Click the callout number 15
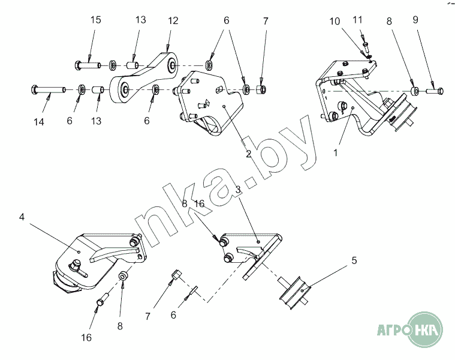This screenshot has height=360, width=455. (95, 20)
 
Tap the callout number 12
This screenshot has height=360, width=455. (173, 20)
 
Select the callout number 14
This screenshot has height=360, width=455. (39, 122)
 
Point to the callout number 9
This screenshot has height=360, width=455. (415, 20)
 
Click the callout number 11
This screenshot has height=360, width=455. (357, 20)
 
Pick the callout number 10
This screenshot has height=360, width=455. (335, 21)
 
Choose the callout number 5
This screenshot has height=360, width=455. (354, 260)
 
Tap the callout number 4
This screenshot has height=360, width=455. (22, 217)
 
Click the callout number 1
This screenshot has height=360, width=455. (336, 152)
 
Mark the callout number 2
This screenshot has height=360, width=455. (248, 154)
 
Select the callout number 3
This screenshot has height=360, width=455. (238, 190)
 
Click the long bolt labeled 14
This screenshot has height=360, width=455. (48, 89)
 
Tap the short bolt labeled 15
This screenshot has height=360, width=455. (88, 64)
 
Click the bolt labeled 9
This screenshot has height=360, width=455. (435, 91)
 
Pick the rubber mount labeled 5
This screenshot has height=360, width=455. (294, 292)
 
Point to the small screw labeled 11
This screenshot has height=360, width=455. (366, 46)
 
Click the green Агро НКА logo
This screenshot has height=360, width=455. (410, 329)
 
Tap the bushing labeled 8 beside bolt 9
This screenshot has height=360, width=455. (415, 91)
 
